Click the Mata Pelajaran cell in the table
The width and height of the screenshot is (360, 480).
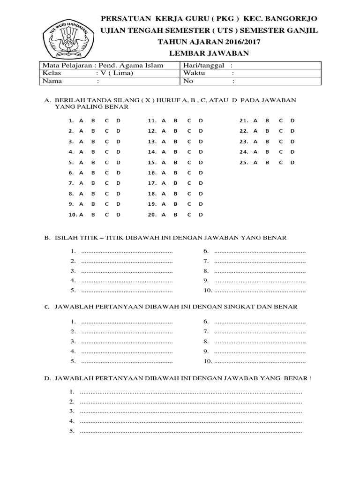pos(103,65)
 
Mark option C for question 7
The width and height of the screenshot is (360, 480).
pos(107,183)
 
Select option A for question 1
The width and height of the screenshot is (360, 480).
pos(81,120)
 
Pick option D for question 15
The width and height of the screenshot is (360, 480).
pos(201,162)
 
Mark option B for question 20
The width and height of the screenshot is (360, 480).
pos(176,215)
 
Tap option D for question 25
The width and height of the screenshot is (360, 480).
pos(292,162)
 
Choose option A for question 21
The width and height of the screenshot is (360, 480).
pos(255,120)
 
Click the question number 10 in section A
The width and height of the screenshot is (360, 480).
pos(72,215)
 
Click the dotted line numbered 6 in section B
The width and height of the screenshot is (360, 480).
pos(260,252)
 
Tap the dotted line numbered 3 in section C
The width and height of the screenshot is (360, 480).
pos(127,341)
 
